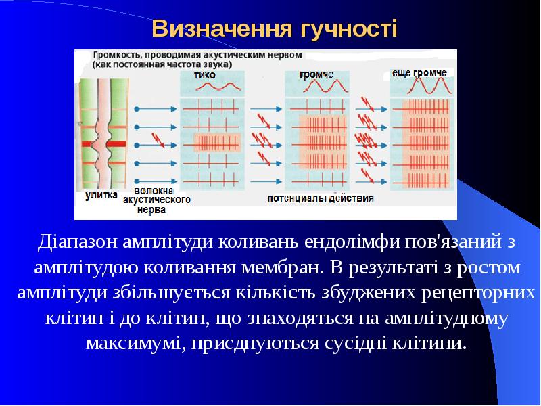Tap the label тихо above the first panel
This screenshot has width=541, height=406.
point(204,74)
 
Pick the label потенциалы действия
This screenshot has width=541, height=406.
point(320,199)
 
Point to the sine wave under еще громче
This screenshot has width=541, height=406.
point(424,86)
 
